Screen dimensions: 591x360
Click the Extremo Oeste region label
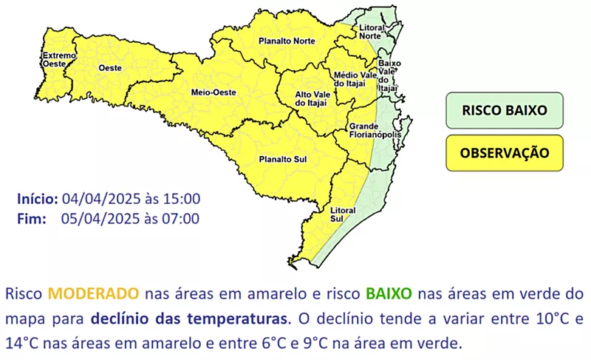(59, 60)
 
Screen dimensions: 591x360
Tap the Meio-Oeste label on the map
(213, 92)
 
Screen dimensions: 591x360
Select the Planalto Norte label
(287, 41)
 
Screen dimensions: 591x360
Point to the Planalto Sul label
(283, 160)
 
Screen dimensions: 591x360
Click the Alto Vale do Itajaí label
(312, 99)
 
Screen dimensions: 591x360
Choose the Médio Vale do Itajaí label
(355, 79)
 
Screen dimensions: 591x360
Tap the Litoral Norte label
(372, 32)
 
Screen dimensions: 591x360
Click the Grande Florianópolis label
(375, 130)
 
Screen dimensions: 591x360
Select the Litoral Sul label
(343, 214)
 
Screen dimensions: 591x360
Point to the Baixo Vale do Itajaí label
(389, 75)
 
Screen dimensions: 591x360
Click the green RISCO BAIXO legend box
(505, 110)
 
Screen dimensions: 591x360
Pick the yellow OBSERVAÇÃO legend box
(505, 153)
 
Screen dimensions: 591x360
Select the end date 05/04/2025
(100, 219)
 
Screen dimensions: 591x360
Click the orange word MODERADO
(94, 293)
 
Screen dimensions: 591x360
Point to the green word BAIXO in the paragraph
(389, 293)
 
